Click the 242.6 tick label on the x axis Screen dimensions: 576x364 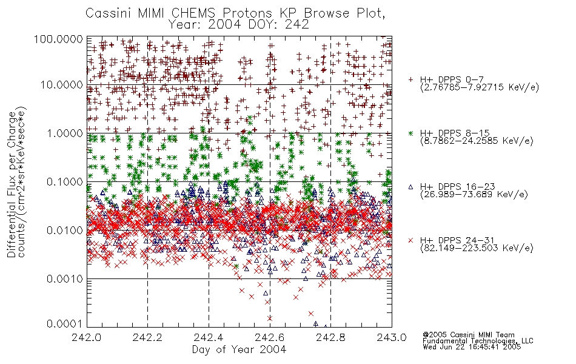point(270,337)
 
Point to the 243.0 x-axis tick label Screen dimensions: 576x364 point(392,337)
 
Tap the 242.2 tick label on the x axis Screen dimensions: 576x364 point(147,337)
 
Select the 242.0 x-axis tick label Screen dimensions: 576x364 point(86,337)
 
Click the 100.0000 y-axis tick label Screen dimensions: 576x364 point(58,39)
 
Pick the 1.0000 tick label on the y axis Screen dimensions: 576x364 point(65,133)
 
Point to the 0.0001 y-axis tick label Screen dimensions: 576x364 point(65,324)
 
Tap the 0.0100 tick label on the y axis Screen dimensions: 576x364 point(65,231)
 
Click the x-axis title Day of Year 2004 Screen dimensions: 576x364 point(239,349)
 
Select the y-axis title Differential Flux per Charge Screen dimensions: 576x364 point(12,184)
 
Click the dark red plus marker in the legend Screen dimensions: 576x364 point(410,79)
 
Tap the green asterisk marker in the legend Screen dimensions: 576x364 point(410,133)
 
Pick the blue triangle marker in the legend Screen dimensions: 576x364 point(410,187)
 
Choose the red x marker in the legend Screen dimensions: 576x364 point(410,240)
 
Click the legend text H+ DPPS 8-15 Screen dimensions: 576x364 point(455,133)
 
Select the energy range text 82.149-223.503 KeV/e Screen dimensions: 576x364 point(477,248)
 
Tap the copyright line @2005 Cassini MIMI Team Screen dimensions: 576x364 point(469,335)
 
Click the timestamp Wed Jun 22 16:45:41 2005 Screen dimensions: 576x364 point(472,347)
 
